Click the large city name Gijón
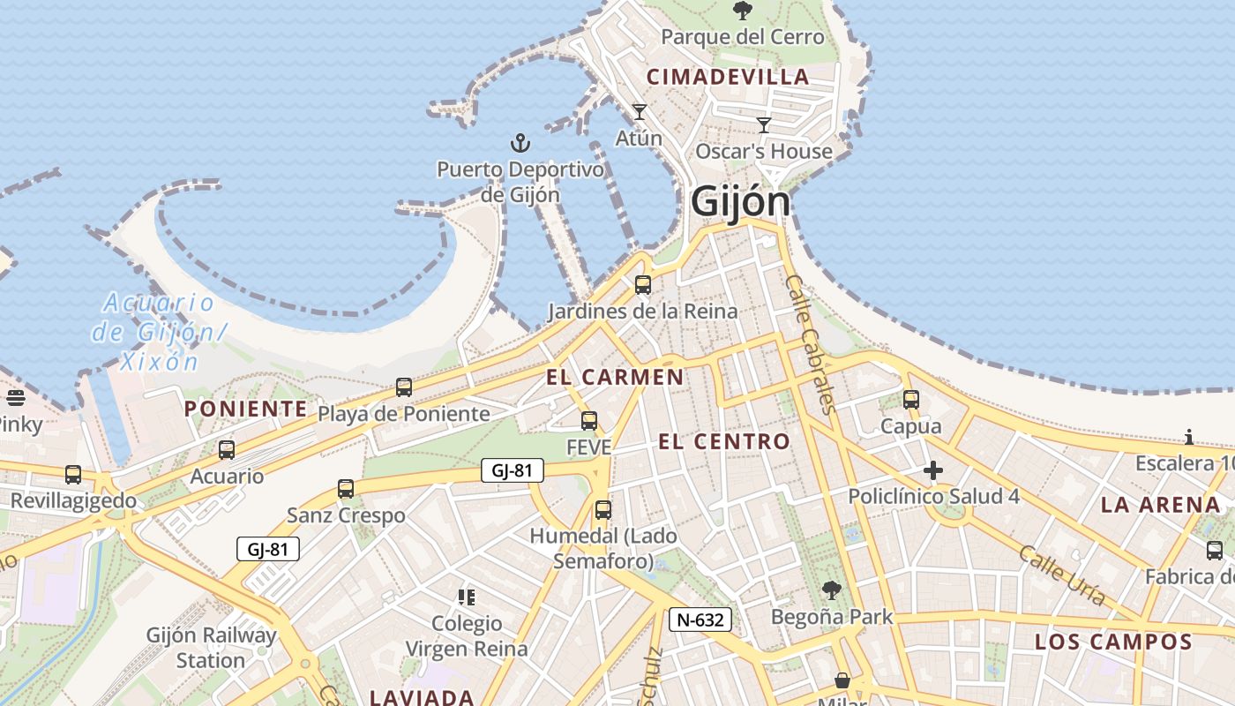coord(740,202)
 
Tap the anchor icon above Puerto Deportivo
coord(520,142)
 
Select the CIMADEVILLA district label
coord(728,77)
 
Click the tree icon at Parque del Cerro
coord(743,11)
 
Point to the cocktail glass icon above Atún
coord(640,112)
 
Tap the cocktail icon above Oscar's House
coord(764,125)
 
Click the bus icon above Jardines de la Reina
coord(643,285)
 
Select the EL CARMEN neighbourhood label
coord(615,378)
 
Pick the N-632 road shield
coord(700,620)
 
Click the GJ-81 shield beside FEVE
coord(512,470)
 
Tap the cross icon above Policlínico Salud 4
coord(933,470)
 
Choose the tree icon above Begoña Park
coord(832,590)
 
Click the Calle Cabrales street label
coord(809,344)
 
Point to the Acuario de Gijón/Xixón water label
coord(159,332)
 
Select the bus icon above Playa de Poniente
coord(404,387)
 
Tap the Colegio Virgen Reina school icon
coord(467,597)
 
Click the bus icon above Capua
coord(911,400)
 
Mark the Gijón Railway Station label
coord(211,648)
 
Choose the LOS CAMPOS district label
coord(1113,642)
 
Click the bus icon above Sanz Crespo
coord(346,489)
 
